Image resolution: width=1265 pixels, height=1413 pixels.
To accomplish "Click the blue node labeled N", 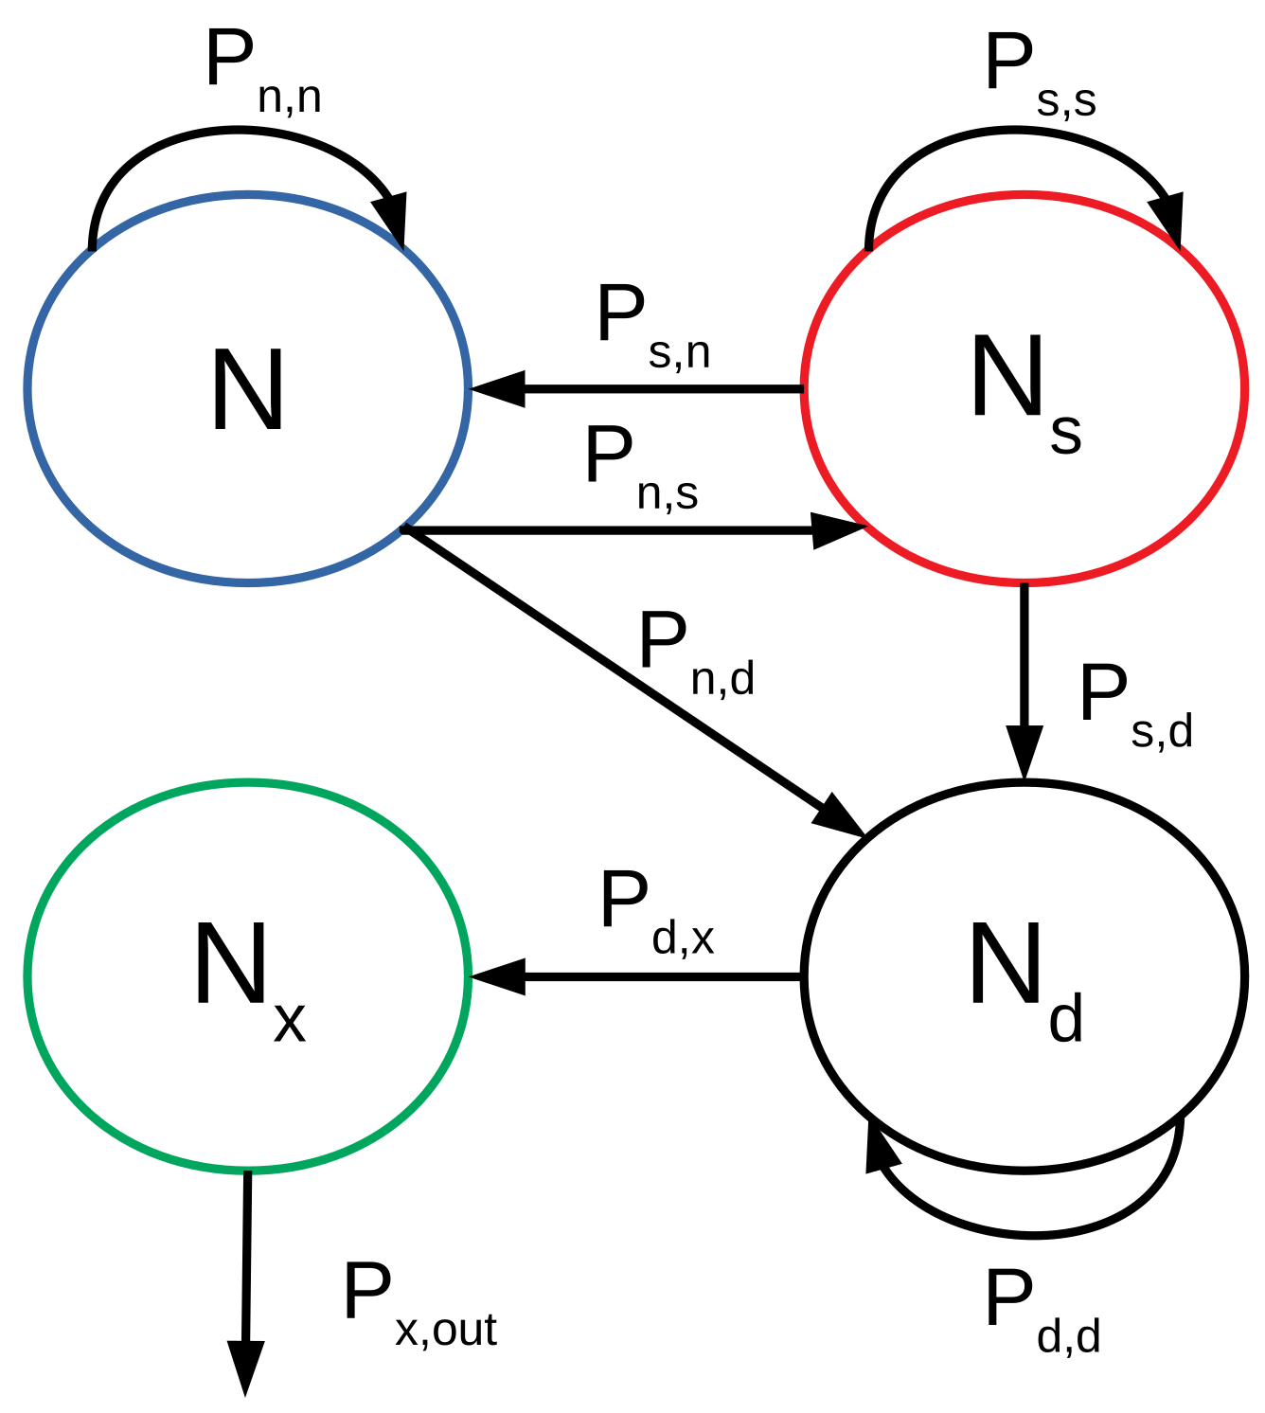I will tap(247, 389).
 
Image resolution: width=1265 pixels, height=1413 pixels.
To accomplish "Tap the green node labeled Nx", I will tap(247, 976).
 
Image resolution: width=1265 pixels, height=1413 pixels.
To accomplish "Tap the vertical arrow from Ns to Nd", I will tap(1024, 663).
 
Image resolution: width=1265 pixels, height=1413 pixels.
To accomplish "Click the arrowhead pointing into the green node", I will tap(497, 976).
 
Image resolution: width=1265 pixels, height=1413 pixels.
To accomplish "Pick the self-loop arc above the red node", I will tap(1023, 133).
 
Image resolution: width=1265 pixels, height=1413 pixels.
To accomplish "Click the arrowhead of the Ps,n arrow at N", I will tap(497, 389).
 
